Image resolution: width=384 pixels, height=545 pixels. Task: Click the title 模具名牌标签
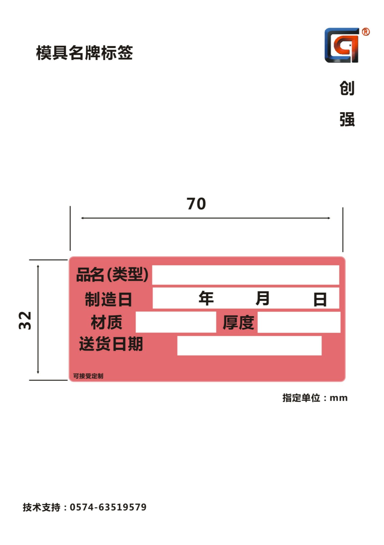(x=84, y=52)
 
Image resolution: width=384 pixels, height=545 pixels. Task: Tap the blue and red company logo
(x=342, y=45)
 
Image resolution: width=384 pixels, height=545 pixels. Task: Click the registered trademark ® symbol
(x=366, y=32)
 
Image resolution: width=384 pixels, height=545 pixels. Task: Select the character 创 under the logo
(x=347, y=88)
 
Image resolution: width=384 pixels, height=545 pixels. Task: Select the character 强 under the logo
(x=347, y=119)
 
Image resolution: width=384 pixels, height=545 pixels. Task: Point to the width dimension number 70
(x=196, y=204)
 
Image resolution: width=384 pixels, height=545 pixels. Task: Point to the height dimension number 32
(x=25, y=321)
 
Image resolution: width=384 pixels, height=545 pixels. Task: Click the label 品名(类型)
(x=112, y=275)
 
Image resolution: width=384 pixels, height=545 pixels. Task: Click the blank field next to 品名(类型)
(x=246, y=275)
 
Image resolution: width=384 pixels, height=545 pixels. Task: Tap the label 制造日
(x=108, y=299)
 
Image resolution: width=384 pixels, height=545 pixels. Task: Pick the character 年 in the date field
(x=206, y=298)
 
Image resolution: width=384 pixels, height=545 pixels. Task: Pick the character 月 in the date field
(x=263, y=298)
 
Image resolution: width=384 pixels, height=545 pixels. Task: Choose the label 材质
(x=107, y=322)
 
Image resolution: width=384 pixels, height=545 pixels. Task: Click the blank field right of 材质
(x=176, y=322)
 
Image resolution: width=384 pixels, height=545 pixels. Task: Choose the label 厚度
(x=238, y=322)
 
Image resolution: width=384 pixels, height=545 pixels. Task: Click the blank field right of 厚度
(x=299, y=322)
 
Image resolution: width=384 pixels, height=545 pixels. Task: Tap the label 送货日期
(x=111, y=344)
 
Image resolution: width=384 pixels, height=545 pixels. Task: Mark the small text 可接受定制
(x=88, y=376)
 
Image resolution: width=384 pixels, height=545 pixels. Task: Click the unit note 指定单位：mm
(x=315, y=398)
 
